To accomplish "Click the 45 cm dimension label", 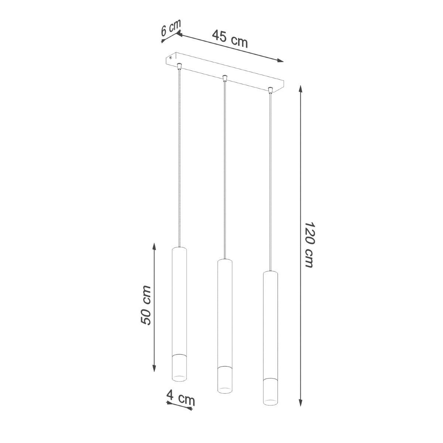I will point(230,39).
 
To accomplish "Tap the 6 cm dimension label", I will point(171,28).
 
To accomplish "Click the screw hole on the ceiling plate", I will point(171,58).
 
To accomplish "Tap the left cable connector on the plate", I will point(179,66).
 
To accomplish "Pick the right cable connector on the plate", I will point(270,89).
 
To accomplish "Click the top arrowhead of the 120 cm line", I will point(301,89).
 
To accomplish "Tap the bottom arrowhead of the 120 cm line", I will point(301,403).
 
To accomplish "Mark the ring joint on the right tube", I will point(270,378).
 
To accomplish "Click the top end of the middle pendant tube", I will point(224,260).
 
